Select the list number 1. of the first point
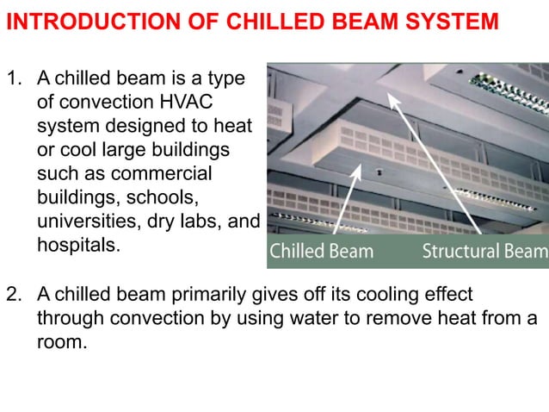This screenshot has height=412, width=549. pyautogui.click(x=15, y=80)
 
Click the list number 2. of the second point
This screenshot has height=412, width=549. pyautogui.click(x=15, y=294)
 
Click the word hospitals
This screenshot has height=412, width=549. pyautogui.click(x=78, y=244)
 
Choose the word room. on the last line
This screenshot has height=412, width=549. pyautogui.click(x=62, y=340)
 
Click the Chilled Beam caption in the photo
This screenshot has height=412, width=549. pyautogui.click(x=322, y=252)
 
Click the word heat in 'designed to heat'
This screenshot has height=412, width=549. pyautogui.click(x=235, y=127)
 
